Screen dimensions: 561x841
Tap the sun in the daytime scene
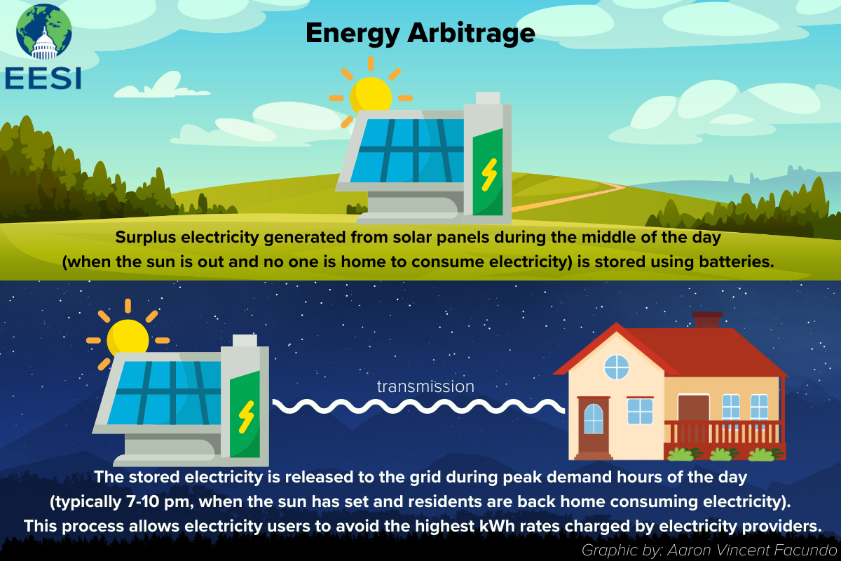tap(371, 95)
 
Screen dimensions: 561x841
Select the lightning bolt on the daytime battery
tap(488, 174)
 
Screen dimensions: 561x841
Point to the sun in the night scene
tap(127, 337)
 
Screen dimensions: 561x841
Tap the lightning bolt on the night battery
tap(245, 417)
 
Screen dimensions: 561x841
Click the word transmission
tap(425, 386)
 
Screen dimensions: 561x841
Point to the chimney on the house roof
tap(706, 320)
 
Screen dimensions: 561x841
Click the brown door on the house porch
tap(693, 410)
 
